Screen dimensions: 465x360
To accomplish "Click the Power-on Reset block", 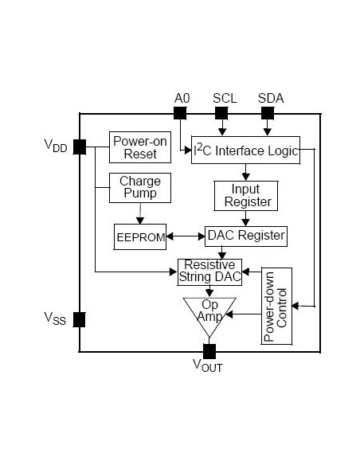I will [135, 147].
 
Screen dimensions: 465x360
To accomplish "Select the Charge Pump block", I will [139, 188].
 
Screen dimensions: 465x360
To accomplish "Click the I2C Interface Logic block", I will [246, 150].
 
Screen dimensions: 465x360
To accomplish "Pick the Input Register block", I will [245, 195].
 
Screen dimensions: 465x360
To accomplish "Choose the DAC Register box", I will [245, 236].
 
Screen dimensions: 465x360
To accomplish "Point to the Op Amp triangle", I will [209, 314].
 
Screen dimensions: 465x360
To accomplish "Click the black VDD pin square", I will [80, 147].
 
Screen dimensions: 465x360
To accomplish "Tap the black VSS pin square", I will [80, 320].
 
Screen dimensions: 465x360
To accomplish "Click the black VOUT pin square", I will [209, 351].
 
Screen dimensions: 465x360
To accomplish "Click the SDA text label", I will [271, 98].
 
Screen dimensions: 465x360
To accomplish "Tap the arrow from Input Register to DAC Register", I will [245, 219].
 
